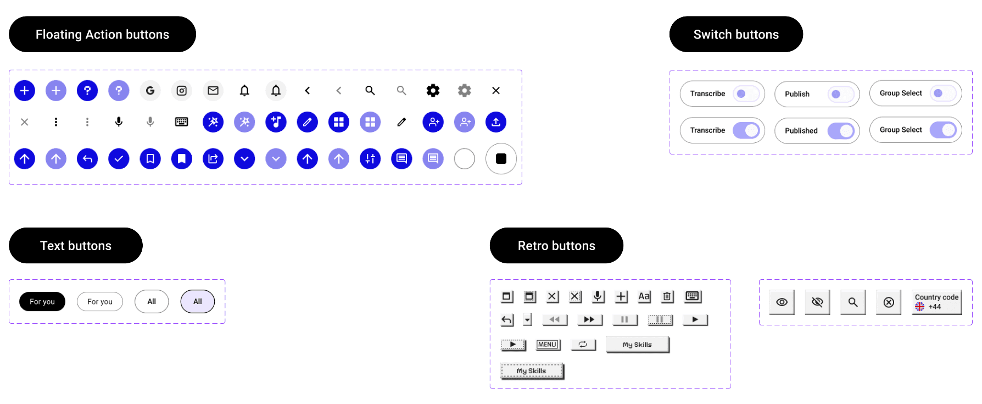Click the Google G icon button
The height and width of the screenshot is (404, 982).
150,91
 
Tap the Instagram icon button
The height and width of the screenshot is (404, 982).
182,91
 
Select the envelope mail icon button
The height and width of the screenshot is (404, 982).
213,91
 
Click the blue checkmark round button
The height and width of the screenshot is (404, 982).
119,159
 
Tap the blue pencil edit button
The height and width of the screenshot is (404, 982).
308,122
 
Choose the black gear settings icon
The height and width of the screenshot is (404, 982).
433,91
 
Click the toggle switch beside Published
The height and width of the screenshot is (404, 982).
841,131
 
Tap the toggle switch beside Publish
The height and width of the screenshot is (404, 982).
841,94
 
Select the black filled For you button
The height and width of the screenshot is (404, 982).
42,302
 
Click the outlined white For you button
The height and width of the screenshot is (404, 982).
100,302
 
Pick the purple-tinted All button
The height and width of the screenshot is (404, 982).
198,302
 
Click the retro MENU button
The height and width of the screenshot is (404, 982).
548,345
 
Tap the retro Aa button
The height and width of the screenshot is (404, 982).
644,297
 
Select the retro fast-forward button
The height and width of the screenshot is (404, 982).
589,320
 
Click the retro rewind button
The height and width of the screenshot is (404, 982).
555,320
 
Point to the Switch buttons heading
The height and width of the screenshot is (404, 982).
736,35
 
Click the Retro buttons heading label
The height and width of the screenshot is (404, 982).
556,246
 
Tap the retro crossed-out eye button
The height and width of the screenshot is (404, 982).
817,302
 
